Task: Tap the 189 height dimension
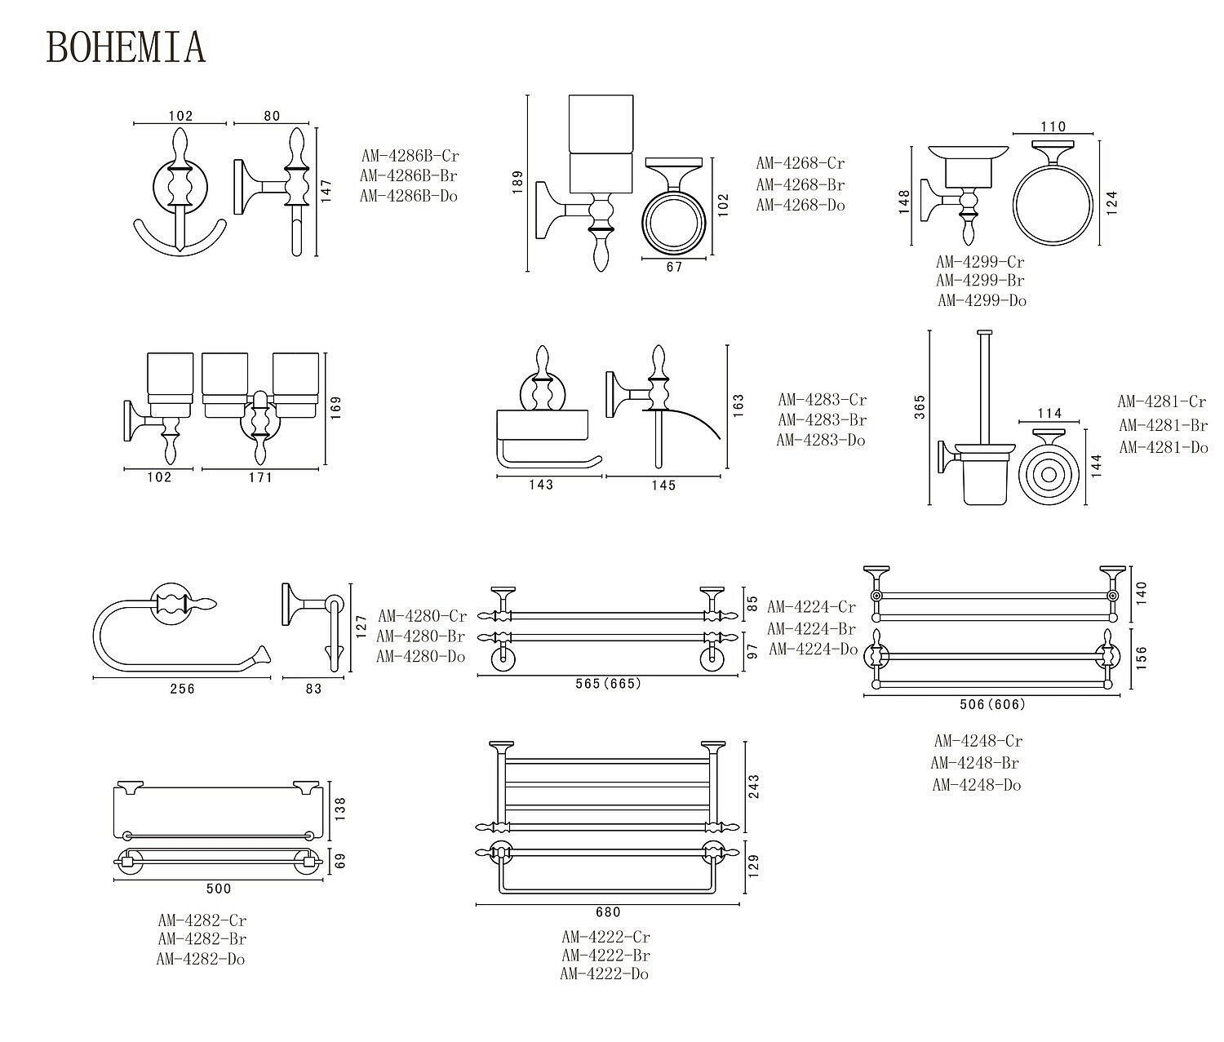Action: (x=517, y=181)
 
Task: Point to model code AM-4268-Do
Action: (x=800, y=205)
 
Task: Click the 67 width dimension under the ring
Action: (x=674, y=267)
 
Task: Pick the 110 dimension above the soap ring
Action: (x=1053, y=126)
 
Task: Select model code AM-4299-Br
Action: (x=980, y=280)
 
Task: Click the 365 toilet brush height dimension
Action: (x=920, y=406)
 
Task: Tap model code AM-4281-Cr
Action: (x=1162, y=401)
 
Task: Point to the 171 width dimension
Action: (x=260, y=477)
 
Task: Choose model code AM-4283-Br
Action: (x=822, y=420)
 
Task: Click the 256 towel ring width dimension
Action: (x=182, y=689)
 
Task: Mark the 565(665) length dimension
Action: (x=608, y=684)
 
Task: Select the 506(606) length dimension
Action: (x=992, y=704)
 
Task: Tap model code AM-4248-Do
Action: (x=976, y=785)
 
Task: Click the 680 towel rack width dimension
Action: (x=608, y=912)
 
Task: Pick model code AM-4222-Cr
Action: (x=605, y=937)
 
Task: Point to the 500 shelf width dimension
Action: (x=219, y=889)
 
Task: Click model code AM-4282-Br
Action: (x=202, y=940)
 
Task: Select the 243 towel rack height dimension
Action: (x=753, y=787)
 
